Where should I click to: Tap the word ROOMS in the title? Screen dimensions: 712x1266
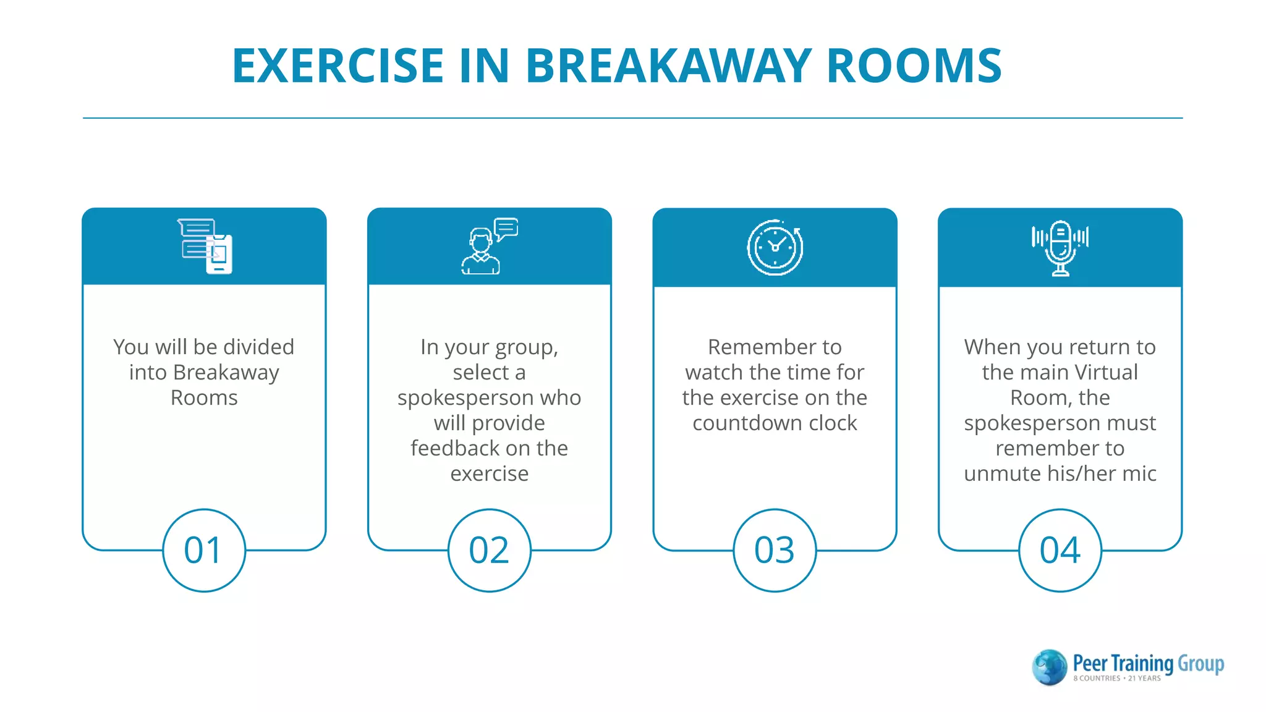click(x=914, y=66)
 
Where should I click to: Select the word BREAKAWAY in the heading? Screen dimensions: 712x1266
click(x=668, y=66)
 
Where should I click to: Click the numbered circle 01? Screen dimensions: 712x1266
click(x=204, y=550)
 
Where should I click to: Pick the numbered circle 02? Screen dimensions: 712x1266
click(x=489, y=550)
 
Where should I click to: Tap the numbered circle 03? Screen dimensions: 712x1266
click(x=775, y=550)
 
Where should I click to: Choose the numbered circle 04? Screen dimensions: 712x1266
click(x=1060, y=550)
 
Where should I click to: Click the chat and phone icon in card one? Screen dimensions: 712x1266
click(x=205, y=246)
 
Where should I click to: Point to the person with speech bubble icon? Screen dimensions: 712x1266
click(x=488, y=246)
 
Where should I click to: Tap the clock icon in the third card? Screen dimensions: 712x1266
click(x=775, y=247)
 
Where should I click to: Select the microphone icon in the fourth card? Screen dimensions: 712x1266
click(x=1060, y=247)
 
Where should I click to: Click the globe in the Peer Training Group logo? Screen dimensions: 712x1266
click(x=1049, y=667)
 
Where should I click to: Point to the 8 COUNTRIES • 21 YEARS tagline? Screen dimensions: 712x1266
click(x=1116, y=679)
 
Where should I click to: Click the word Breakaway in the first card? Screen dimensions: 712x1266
click(x=226, y=373)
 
